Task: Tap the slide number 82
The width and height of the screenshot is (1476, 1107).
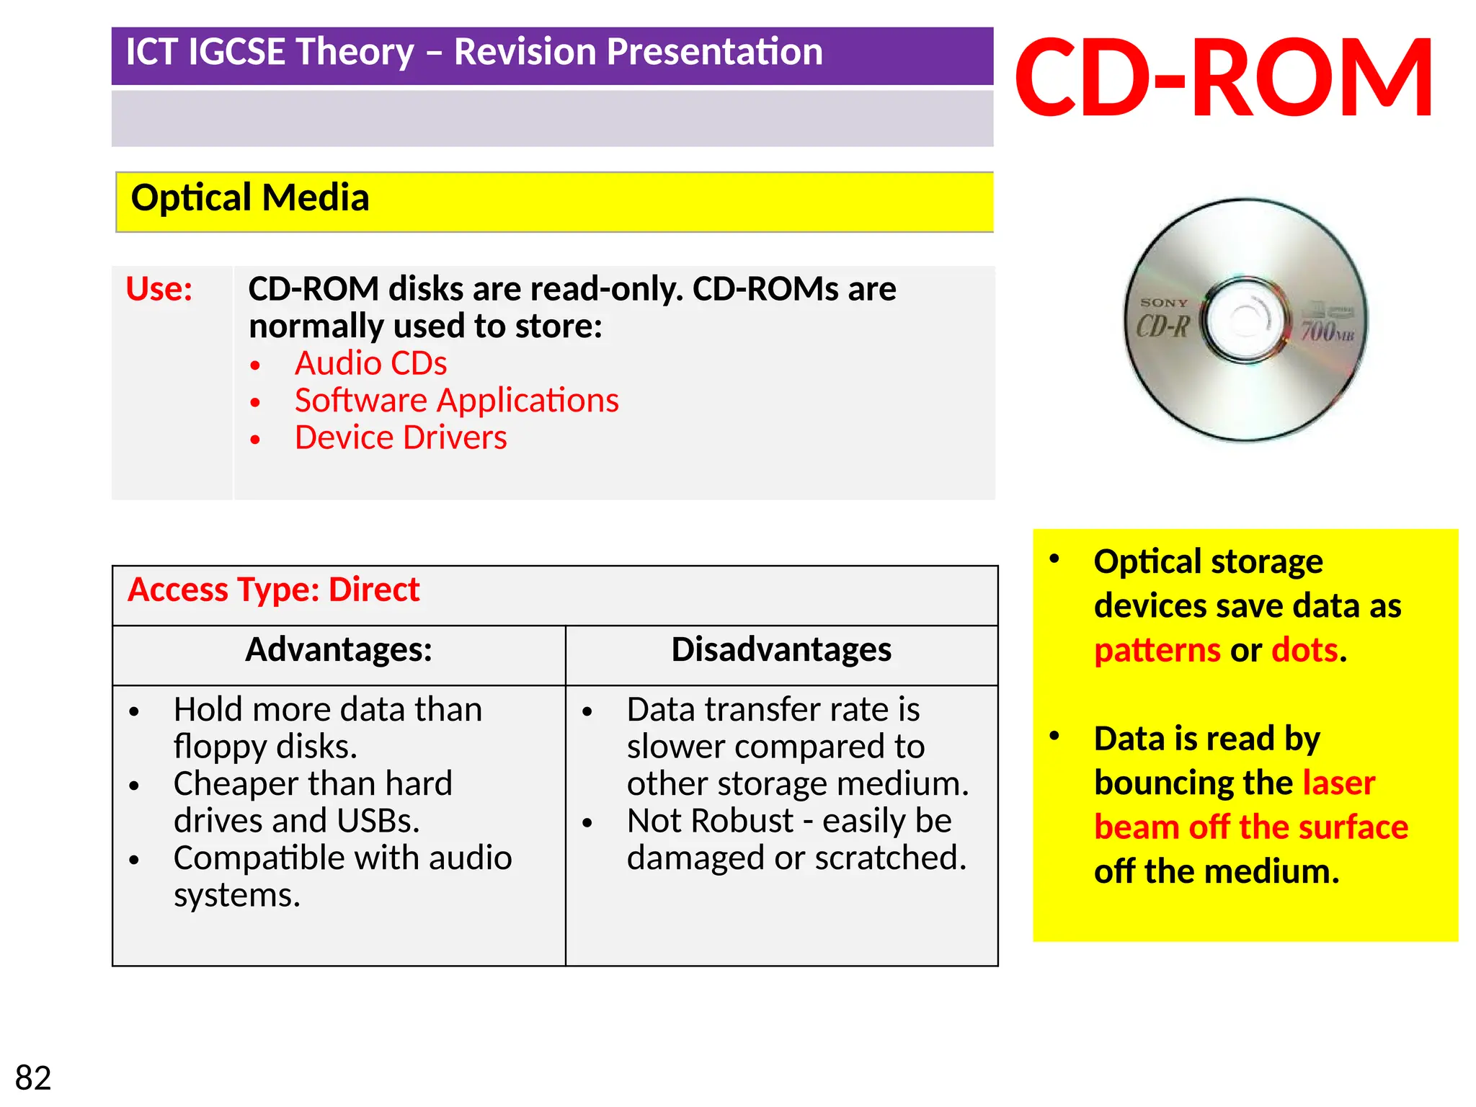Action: coord(33,1078)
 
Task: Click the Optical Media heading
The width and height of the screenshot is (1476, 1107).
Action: coord(250,198)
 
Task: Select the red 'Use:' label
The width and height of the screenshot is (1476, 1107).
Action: coord(159,289)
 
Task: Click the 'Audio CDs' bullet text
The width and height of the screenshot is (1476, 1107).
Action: coord(370,363)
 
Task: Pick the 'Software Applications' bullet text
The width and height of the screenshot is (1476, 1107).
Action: coord(456,401)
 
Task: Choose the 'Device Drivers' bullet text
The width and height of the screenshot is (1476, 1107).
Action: coord(401,438)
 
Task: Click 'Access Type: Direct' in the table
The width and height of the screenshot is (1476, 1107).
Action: coord(273,590)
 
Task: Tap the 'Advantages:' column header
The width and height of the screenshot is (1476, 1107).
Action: coord(339,650)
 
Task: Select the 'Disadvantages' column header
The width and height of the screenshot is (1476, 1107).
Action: coord(781,650)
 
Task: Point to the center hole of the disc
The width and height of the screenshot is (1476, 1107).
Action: coord(1245,320)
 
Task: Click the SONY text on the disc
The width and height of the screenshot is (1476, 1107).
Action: coord(1164,303)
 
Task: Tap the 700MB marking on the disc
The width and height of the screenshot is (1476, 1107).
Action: coord(1327,332)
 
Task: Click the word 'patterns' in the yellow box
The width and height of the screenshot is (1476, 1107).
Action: coord(1157,651)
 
